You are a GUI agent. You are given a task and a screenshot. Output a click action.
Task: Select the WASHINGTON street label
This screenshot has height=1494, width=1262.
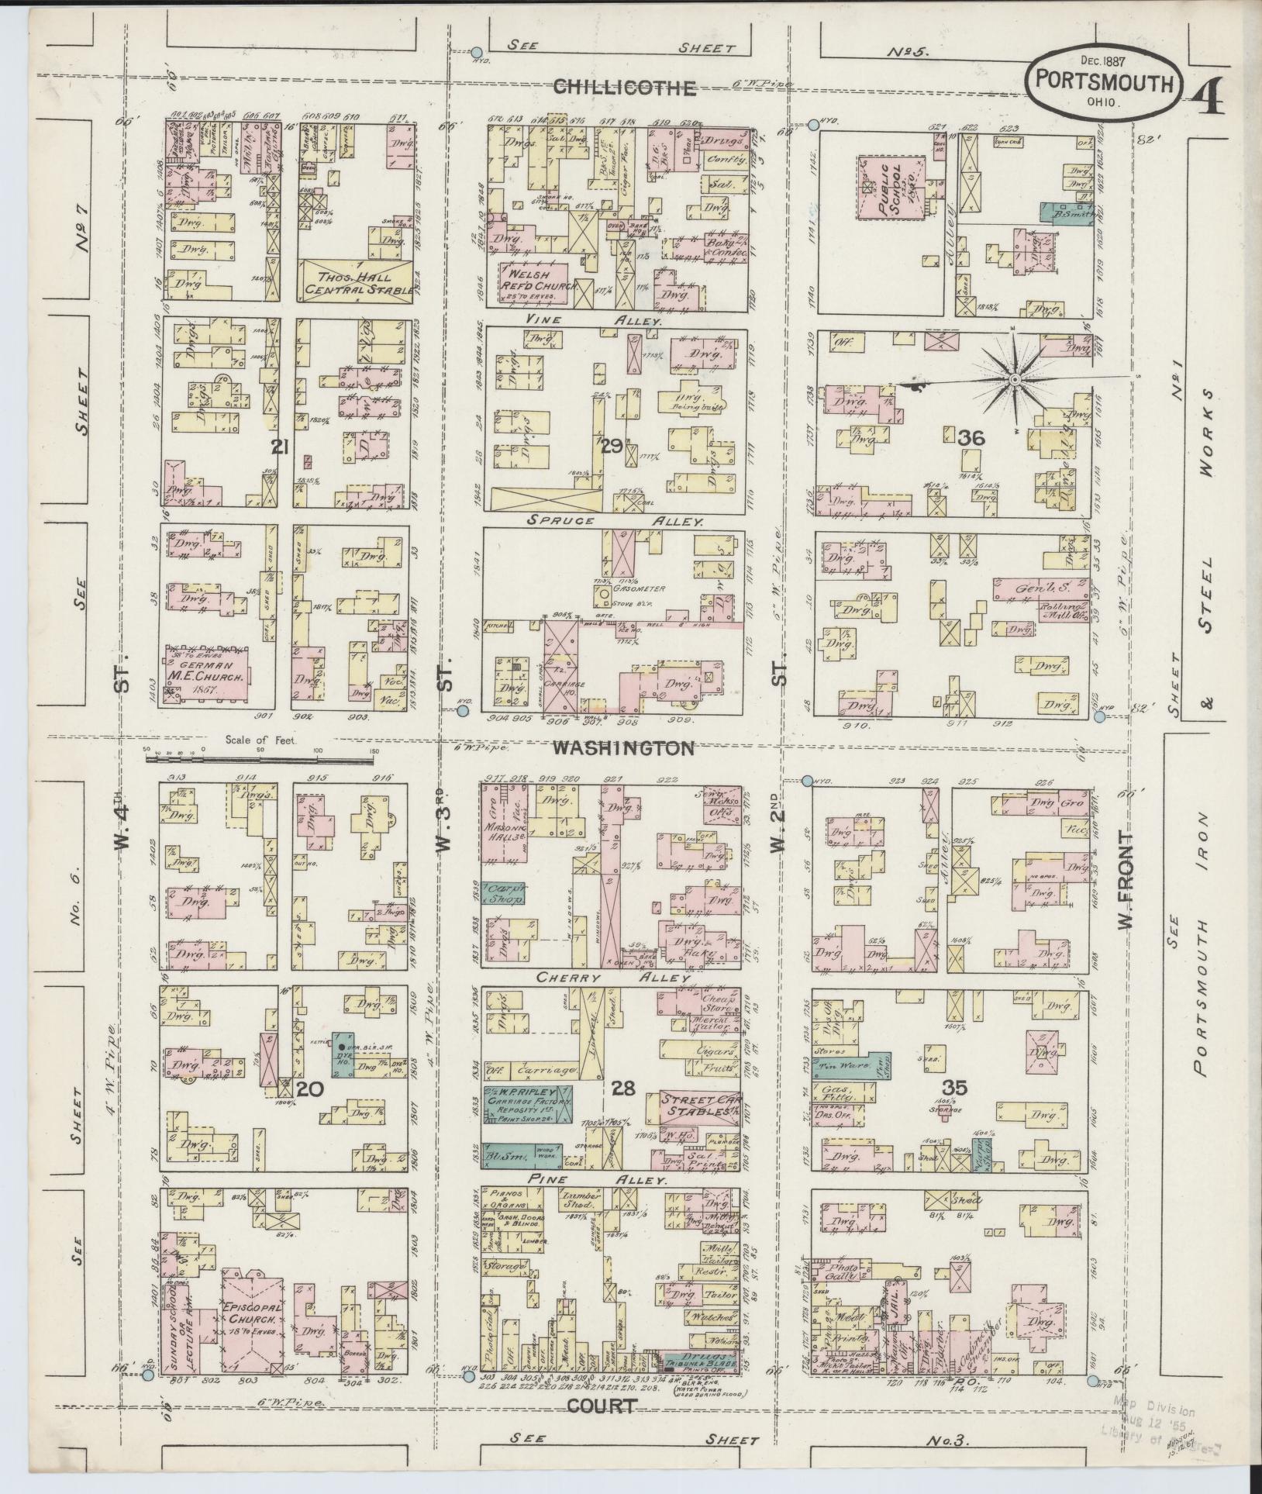click(623, 748)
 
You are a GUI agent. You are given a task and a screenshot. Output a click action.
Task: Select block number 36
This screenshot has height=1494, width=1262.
click(971, 438)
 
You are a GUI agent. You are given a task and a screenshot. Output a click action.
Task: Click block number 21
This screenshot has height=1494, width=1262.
click(280, 446)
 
